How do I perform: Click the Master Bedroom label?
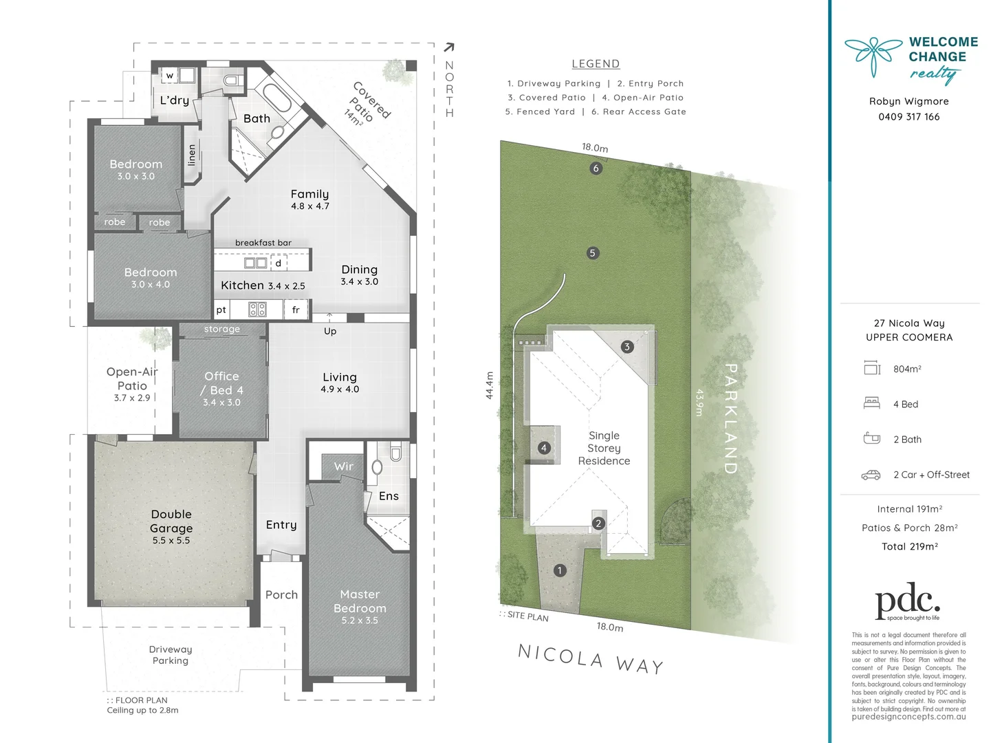[360, 601]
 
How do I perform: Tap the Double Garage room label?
[171, 521]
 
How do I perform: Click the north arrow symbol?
[449, 47]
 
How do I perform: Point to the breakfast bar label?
[263, 243]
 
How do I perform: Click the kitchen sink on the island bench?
[256, 263]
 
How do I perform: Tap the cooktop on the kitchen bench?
[257, 310]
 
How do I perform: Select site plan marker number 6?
[596, 168]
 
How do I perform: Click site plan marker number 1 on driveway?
[560, 570]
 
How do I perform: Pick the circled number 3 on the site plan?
[627, 347]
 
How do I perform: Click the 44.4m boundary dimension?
[490, 385]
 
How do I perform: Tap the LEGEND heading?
[596, 64]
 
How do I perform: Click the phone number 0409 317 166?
[908, 117]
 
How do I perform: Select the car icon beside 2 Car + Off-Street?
[871, 475]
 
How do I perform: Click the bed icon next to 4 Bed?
[871, 403]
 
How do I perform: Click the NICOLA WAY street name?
[591, 659]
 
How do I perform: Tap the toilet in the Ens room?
[395, 453]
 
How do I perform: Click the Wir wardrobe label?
[344, 466]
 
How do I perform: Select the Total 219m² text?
[909, 547]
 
